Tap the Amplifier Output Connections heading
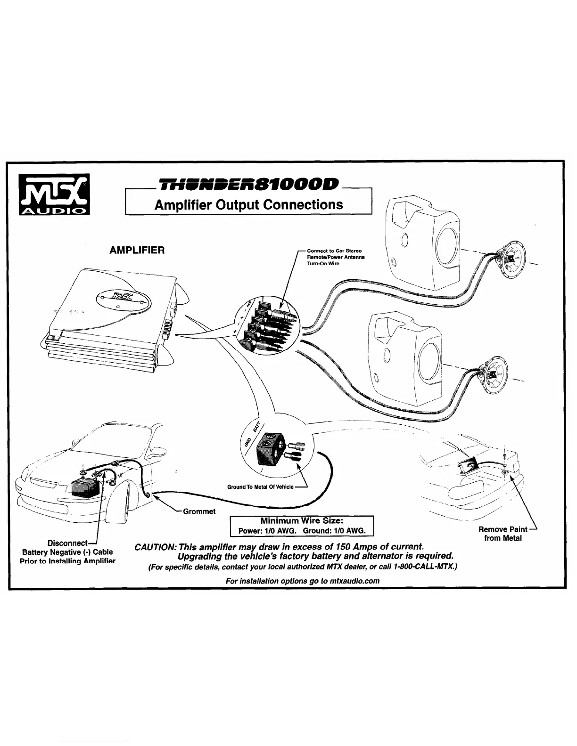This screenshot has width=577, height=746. tap(249, 205)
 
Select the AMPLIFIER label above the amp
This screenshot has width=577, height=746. tap(137, 250)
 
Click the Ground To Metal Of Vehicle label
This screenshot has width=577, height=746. tap(260, 487)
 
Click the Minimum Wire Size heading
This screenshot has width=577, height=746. tap(301, 521)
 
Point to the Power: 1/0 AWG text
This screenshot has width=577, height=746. tap(267, 531)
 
